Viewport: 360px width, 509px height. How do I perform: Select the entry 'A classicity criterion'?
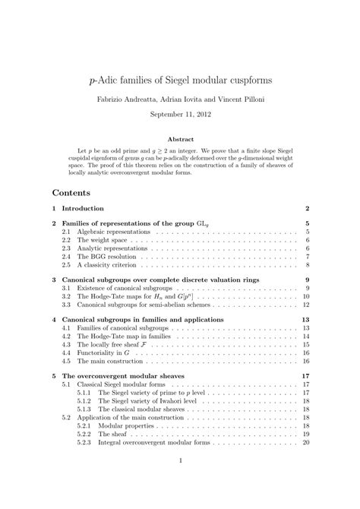(x=106, y=265)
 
